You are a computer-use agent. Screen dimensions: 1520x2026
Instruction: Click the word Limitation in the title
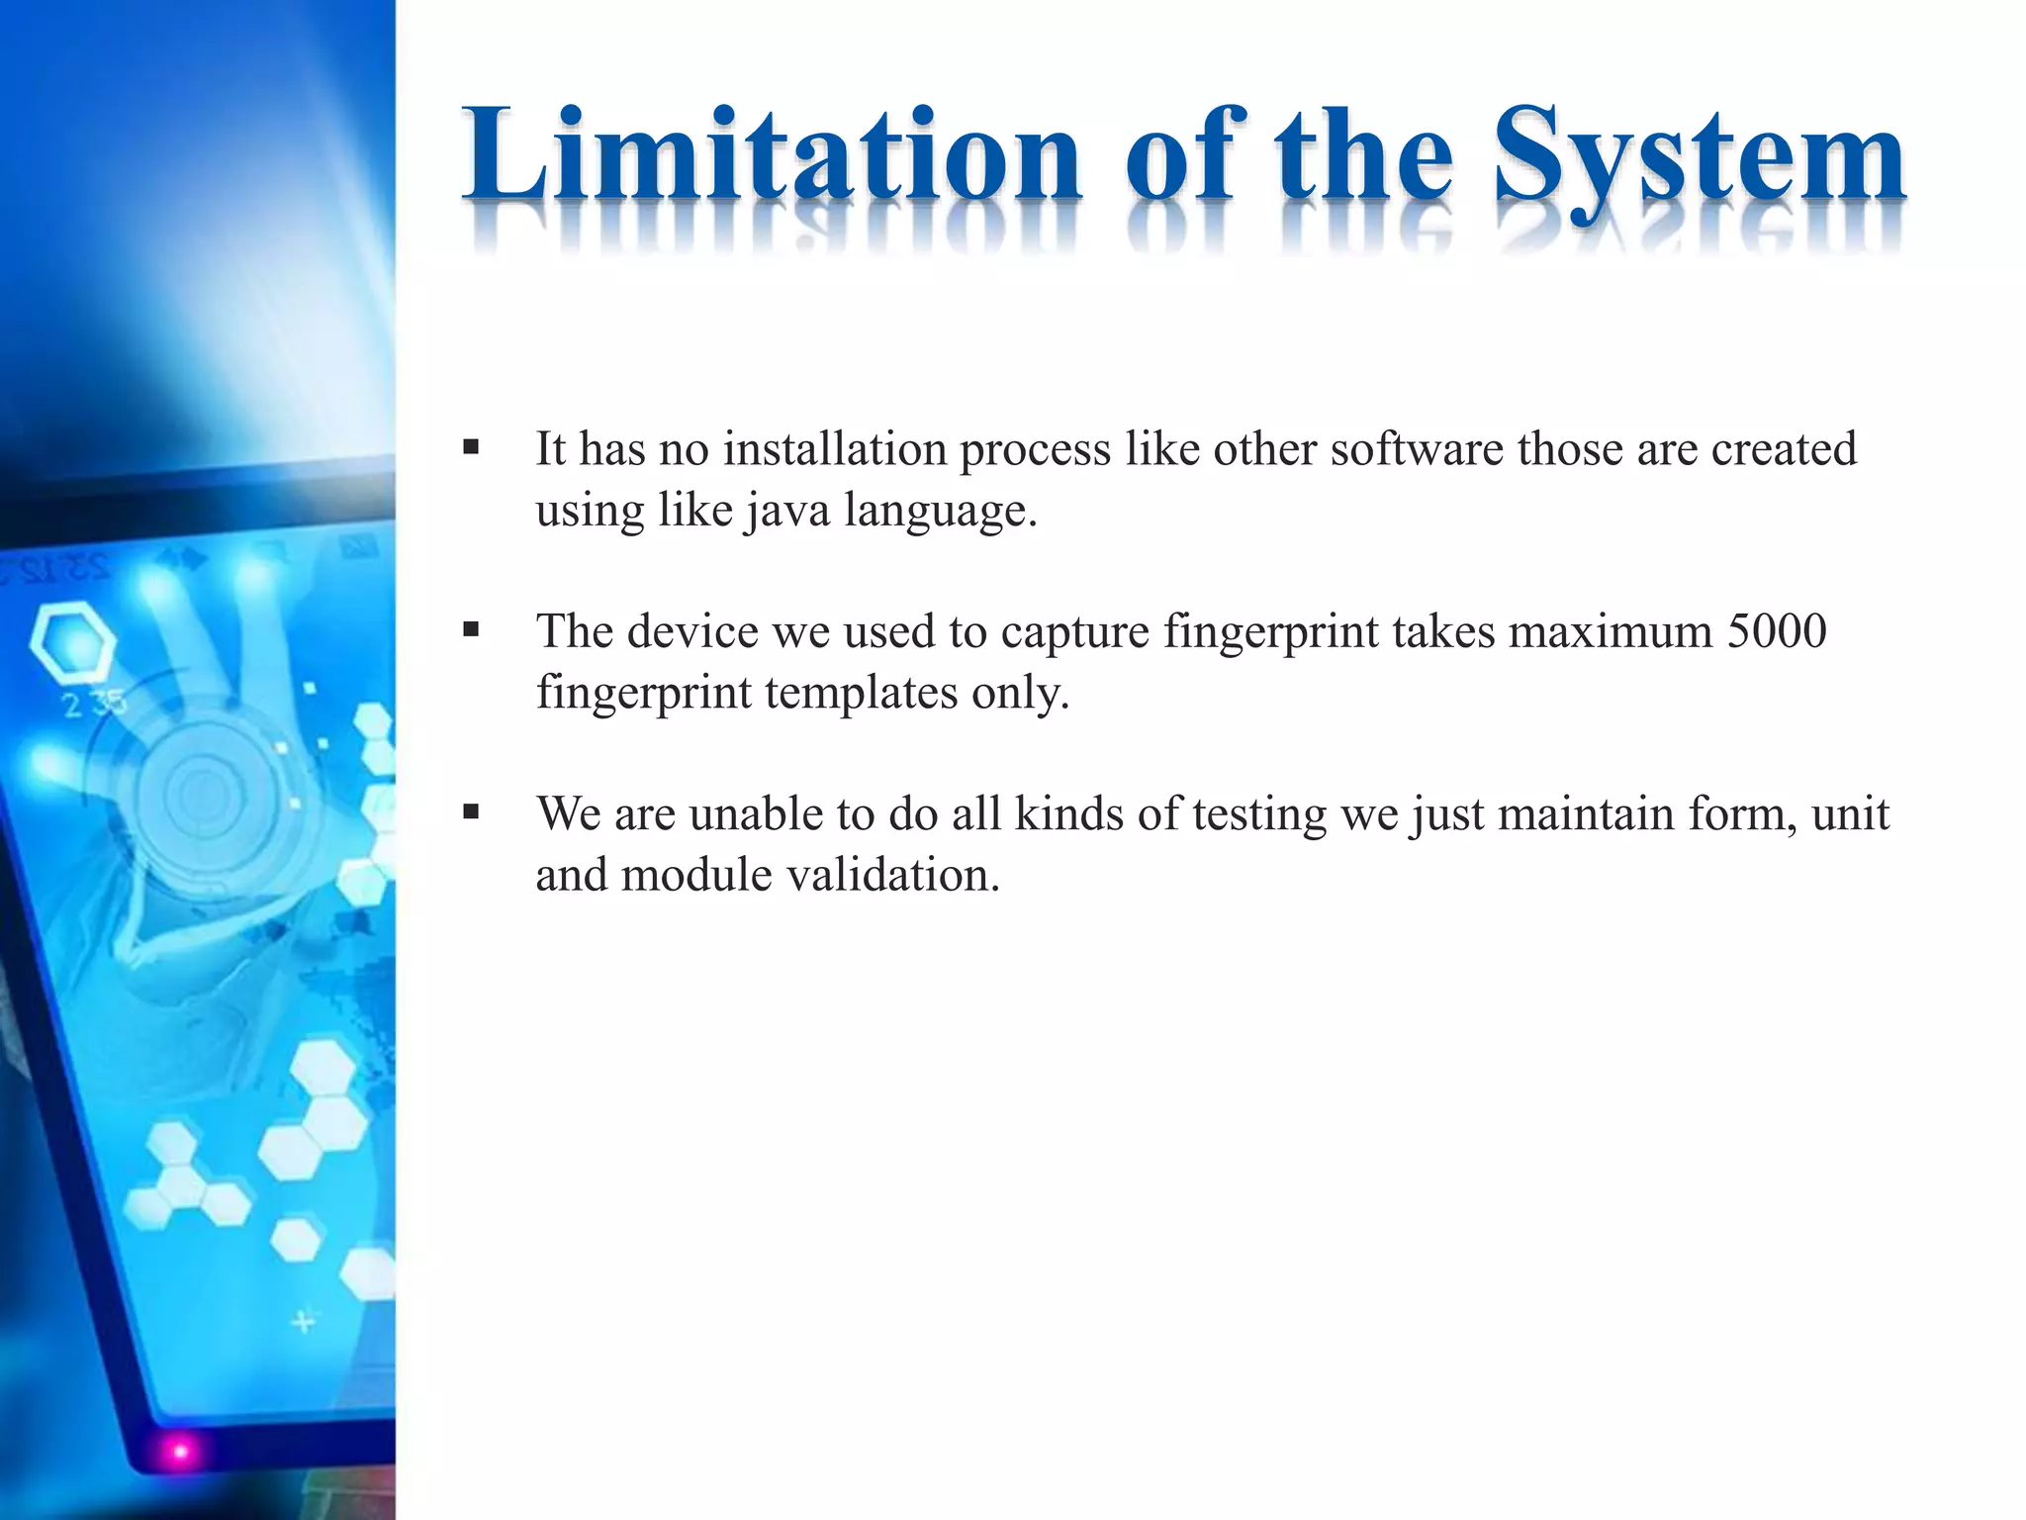pyautogui.click(x=772, y=156)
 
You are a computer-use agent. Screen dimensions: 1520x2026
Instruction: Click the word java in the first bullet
pyautogui.click(x=787, y=511)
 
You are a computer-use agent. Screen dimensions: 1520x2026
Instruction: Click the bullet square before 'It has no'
pyautogui.click(x=471, y=447)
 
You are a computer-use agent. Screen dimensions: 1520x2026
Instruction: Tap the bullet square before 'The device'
pyautogui.click(x=471, y=629)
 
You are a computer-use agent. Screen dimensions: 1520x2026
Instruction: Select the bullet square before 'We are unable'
pyautogui.click(x=471, y=812)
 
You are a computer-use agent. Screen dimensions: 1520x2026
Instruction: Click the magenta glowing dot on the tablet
pyautogui.click(x=180, y=1452)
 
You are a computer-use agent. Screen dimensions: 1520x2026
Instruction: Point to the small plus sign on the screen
pyautogui.click(x=304, y=1321)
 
